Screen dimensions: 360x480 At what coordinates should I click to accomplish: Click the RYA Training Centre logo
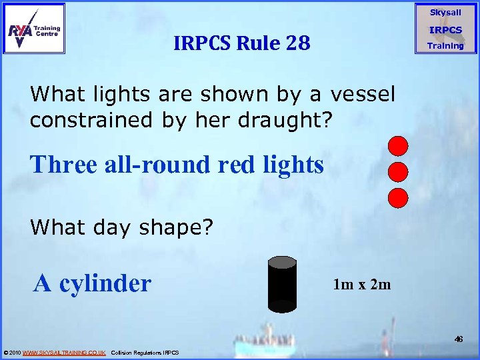(x=34, y=28)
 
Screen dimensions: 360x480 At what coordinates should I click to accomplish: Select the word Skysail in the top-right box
(x=445, y=13)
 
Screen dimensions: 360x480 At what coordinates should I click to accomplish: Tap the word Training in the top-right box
(x=445, y=45)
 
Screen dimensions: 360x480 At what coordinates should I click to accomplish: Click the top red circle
(x=398, y=145)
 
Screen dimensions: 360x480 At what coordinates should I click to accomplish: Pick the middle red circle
(x=398, y=171)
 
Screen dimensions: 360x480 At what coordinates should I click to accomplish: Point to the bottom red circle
(x=398, y=197)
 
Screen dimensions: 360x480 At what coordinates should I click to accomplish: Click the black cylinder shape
(x=282, y=284)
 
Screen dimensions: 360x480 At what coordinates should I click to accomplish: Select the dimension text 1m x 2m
(x=362, y=285)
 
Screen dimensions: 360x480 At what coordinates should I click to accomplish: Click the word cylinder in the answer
(x=105, y=283)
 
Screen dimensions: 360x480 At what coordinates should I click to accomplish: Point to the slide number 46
(x=459, y=339)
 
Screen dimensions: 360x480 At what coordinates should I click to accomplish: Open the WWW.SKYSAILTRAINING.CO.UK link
(x=64, y=352)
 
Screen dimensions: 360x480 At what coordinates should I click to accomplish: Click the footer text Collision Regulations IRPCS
(x=145, y=352)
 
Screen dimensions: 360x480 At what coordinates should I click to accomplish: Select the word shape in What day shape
(x=167, y=228)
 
